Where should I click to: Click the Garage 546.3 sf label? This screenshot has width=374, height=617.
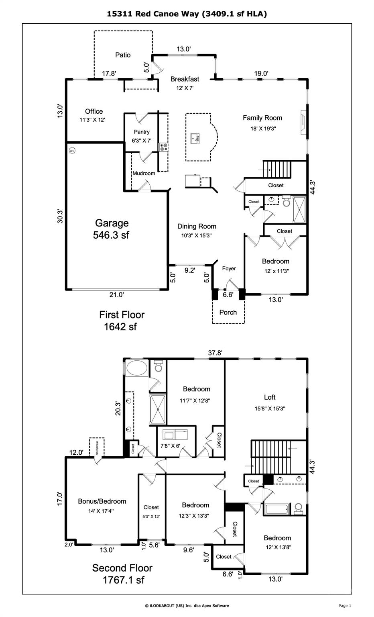pos(112,229)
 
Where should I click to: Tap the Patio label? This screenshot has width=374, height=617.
pos(123,55)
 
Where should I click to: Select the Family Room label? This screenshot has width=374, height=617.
pos(262,118)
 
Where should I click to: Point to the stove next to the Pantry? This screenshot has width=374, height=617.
pos(164,147)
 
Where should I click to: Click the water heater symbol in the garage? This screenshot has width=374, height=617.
pos(72,151)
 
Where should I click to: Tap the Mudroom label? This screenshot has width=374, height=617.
pos(144,173)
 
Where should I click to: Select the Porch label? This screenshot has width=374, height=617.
pos(228,312)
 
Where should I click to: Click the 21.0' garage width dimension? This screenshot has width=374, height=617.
pos(116,295)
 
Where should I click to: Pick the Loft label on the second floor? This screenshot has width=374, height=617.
pos(270,397)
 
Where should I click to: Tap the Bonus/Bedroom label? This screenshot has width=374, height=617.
pos(102,501)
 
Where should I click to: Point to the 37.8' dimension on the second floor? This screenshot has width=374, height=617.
pos(215,353)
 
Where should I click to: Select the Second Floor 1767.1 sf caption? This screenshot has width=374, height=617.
pos(122,574)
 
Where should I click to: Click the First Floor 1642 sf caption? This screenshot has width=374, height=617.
pos(121,321)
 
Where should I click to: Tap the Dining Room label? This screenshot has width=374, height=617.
pos(197,227)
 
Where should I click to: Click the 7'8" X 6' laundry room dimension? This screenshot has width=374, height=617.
pos(171,446)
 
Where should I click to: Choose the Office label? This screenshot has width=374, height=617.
pos(94,111)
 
